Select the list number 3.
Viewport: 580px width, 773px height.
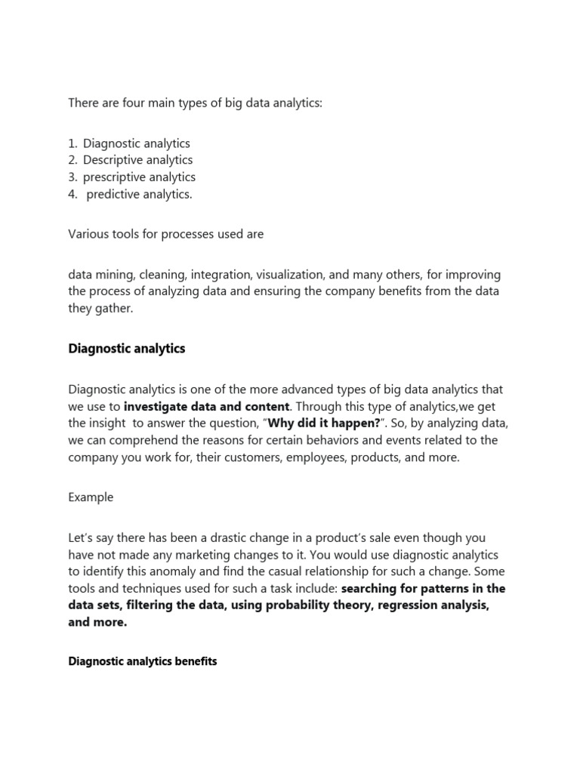[x=72, y=177]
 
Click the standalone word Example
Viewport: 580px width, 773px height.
[x=91, y=497]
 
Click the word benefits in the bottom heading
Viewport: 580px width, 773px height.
[x=193, y=661]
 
